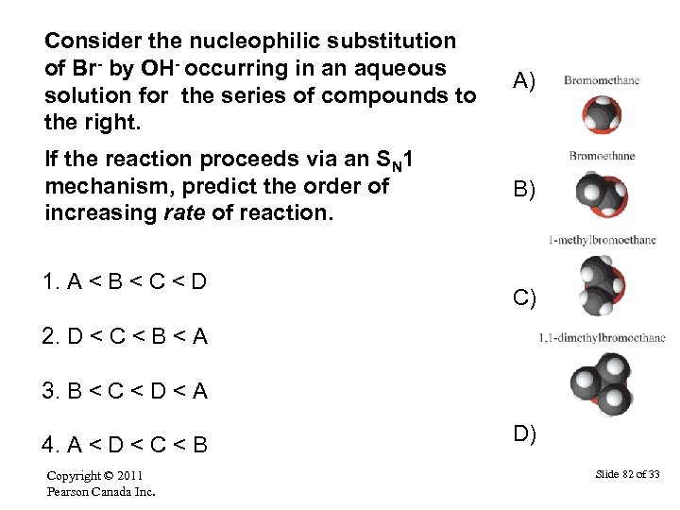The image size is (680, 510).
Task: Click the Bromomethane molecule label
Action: tap(602, 81)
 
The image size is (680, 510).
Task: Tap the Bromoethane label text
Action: tap(602, 156)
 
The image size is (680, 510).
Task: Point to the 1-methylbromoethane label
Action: tap(602, 240)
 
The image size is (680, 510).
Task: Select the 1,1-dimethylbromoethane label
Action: tap(602, 337)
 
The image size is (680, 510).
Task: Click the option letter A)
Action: tap(525, 82)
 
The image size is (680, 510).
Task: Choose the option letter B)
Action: tap(525, 190)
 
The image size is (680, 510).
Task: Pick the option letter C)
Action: tap(525, 298)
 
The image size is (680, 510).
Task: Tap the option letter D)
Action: tap(525, 434)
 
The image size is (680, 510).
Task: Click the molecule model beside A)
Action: tap(601, 117)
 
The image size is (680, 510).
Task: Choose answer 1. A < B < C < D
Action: tap(127, 281)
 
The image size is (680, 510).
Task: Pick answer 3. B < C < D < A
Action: tap(127, 389)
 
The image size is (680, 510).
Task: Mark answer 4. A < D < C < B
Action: tap(127, 443)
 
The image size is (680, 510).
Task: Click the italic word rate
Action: tap(185, 212)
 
